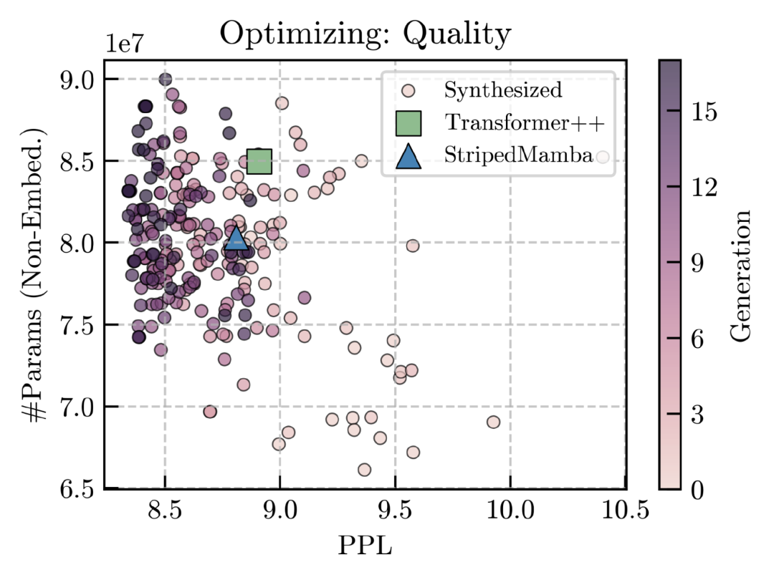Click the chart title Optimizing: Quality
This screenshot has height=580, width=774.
[x=365, y=34]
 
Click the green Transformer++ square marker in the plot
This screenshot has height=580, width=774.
[x=259, y=162]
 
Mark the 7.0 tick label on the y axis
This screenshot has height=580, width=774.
[x=78, y=407]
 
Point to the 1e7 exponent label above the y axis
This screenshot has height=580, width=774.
[x=126, y=42]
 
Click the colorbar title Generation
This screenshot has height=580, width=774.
[x=743, y=275]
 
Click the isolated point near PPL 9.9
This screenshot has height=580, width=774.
[x=493, y=422]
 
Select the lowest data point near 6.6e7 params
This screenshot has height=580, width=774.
[x=364, y=470]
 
